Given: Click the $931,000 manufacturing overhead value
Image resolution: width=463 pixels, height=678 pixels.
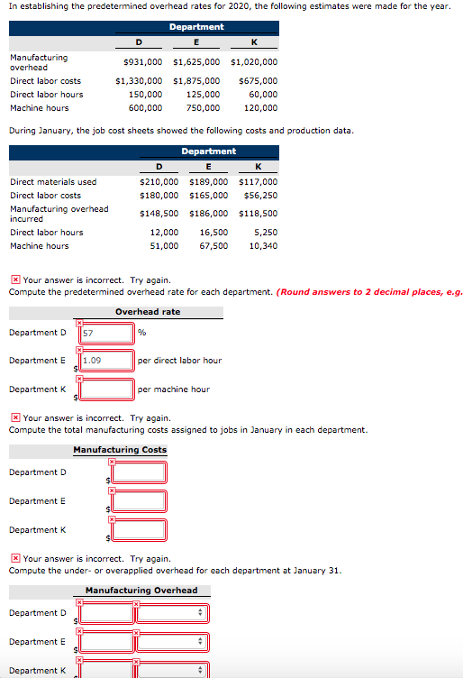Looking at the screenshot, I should click(x=142, y=62).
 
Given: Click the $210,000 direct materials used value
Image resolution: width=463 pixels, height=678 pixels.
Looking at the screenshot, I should click(x=159, y=181).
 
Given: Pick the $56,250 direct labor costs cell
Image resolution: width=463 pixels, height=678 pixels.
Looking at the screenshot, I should click(x=260, y=195).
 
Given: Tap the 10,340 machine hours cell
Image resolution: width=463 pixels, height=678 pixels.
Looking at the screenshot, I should click(x=262, y=245).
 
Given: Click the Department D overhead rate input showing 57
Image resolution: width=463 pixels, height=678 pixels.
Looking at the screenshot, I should click(x=106, y=333).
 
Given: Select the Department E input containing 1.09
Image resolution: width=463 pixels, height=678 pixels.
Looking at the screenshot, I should click(x=106, y=361).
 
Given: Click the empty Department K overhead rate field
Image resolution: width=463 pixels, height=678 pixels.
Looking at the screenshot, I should click(x=106, y=389).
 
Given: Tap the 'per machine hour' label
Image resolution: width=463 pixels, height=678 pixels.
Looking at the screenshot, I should click(x=173, y=389).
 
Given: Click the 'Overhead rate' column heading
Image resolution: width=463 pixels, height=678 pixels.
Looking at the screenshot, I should click(x=147, y=312).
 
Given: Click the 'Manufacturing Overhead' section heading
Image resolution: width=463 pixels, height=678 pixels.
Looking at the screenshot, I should click(x=141, y=591).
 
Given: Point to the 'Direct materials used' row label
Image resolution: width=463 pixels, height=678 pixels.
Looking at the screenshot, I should click(x=53, y=181).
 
